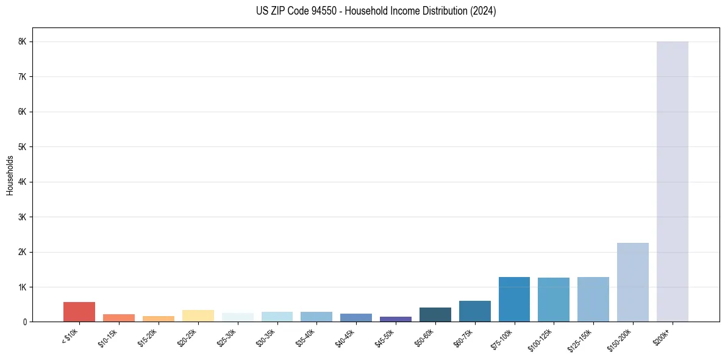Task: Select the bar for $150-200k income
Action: tap(632, 282)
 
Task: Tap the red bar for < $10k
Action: tap(79, 312)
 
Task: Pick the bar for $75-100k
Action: tap(514, 299)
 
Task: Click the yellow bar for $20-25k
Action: tap(198, 315)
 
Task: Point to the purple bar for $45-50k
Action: tap(395, 319)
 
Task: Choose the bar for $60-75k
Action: tap(474, 311)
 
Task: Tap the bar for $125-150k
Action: tap(593, 299)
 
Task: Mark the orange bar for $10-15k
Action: tap(119, 318)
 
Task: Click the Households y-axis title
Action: tap(10, 175)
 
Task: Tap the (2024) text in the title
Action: tap(484, 11)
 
